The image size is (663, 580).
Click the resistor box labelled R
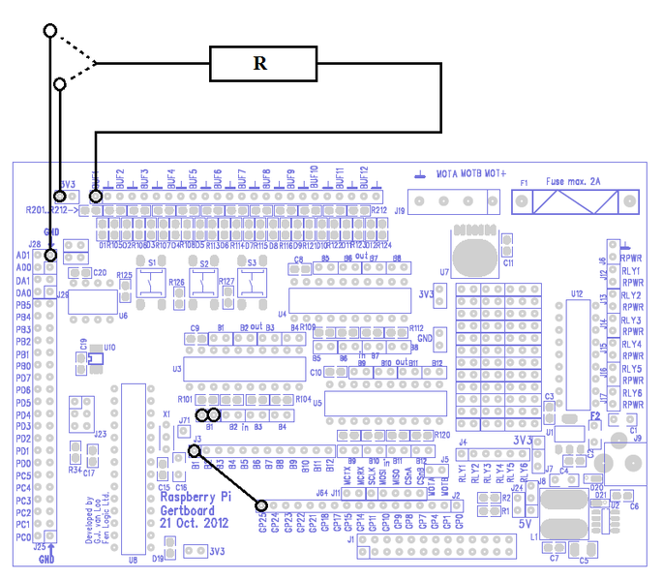[261, 64]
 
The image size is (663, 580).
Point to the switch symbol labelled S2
[204, 282]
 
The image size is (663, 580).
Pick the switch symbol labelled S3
[254, 282]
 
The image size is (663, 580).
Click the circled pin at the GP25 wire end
[261, 504]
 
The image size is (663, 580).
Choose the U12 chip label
[577, 292]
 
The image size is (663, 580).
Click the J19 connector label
[398, 207]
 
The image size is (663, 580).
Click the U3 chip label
[176, 369]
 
